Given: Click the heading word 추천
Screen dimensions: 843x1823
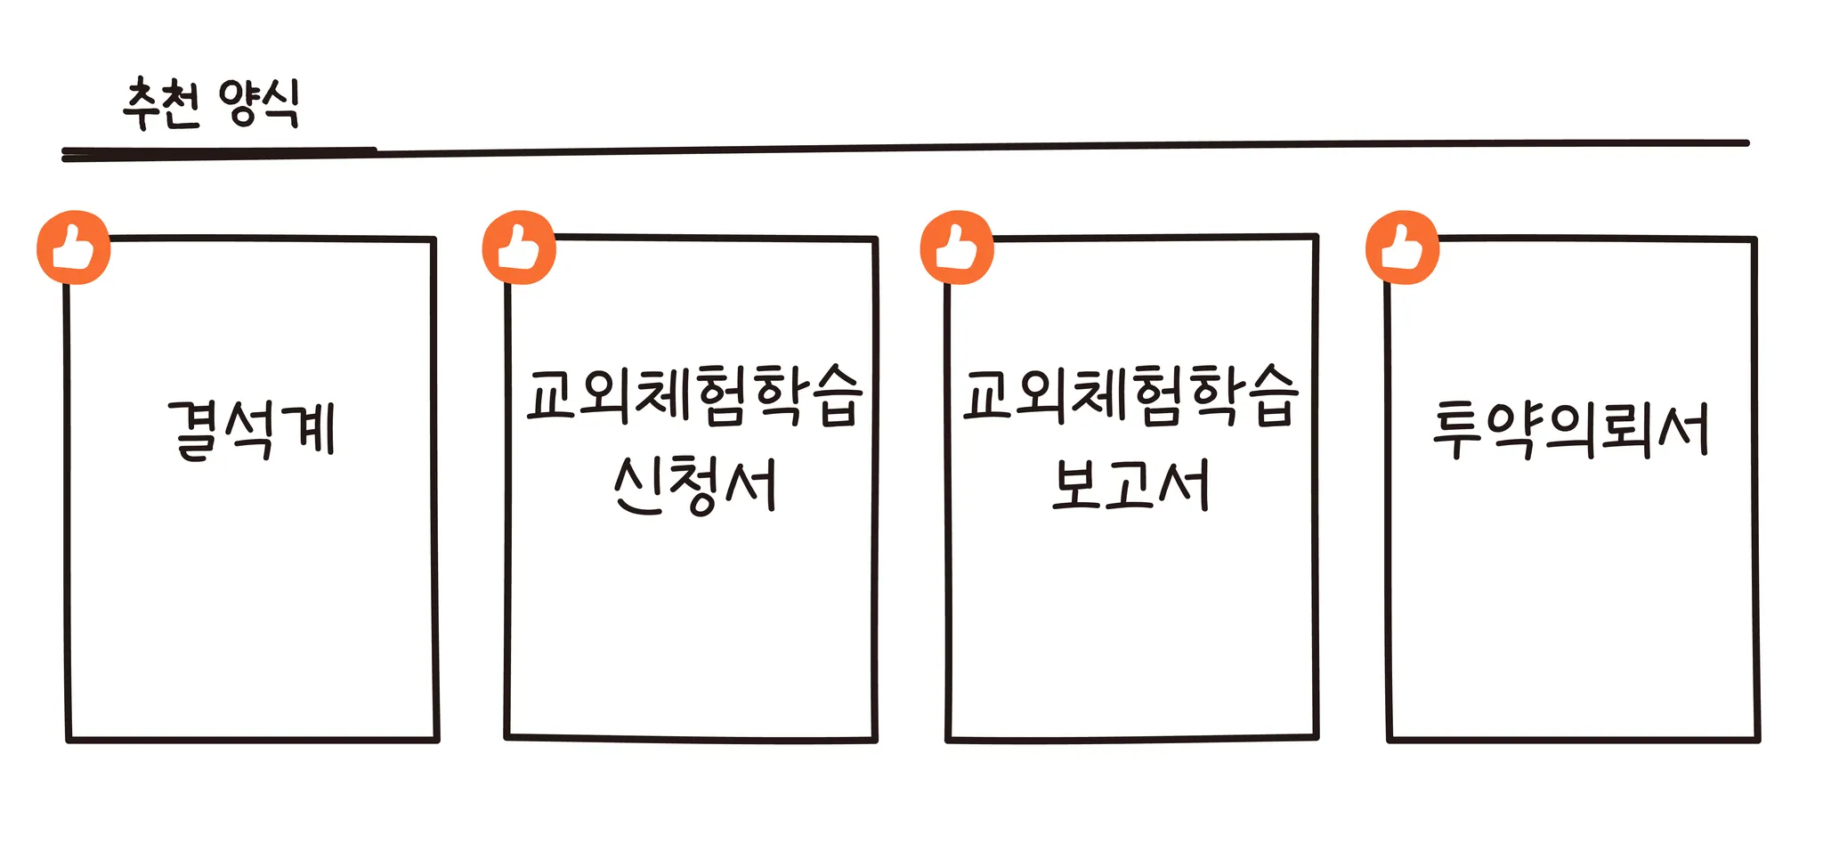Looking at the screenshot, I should coord(161,105).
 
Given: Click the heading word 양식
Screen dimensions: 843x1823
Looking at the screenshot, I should coord(258,105).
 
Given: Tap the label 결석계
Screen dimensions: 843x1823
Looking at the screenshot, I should coord(252,430).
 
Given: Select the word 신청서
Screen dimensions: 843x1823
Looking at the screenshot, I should coord(694,485).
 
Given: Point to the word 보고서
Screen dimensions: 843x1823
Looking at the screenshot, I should coord(1130,485).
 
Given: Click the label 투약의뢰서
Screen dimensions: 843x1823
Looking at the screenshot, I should coord(1571,430).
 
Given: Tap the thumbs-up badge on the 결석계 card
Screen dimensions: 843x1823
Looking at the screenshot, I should coord(74,247).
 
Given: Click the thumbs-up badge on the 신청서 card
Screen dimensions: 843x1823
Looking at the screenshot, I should coord(519,247).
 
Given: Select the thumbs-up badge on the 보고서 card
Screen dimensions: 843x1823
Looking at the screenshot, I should coord(957,247).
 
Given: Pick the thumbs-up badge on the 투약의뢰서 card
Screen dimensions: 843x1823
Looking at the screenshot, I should coord(1402,247).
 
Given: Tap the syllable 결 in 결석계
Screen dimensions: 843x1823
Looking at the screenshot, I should coord(196,430).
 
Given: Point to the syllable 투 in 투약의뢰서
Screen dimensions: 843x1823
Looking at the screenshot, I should coord(1460,430).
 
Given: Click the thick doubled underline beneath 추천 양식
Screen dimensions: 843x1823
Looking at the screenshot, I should coord(218,154).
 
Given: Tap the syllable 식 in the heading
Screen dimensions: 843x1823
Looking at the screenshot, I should coord(278,105).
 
